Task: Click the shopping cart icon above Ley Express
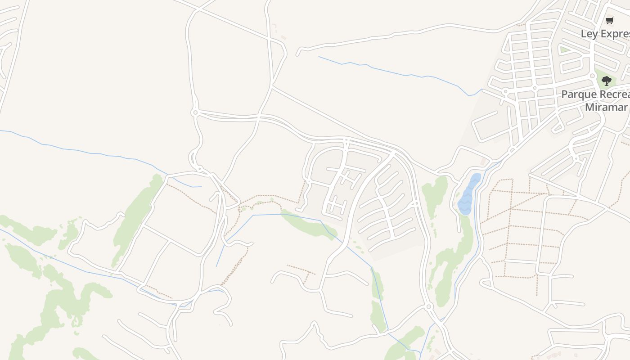pos(610,20)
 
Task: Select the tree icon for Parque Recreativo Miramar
pos(607,81)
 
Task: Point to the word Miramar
pos(606,107)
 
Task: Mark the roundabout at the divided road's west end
pos(195,112)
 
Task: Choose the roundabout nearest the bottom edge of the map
pos(428,307)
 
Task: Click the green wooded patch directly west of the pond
pos(434,193)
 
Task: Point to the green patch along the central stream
pos(308,224)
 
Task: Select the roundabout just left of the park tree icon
pos(593,76)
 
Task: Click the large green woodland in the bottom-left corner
pos(54,306)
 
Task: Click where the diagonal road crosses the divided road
pos(260,117)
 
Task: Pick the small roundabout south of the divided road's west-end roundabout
pos(199,169)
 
